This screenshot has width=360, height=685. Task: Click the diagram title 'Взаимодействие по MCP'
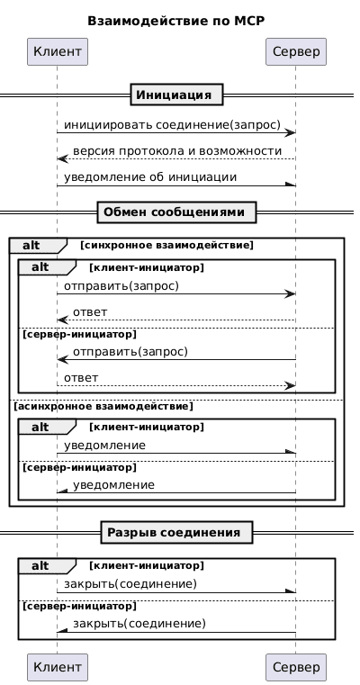tap(176, 21)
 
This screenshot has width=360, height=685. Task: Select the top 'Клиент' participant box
tap(58, 51)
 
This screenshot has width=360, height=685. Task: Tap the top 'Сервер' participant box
tap(296, 51)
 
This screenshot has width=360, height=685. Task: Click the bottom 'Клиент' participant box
tap(58, 667)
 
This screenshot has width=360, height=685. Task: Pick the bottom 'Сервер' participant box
tap(296, 667)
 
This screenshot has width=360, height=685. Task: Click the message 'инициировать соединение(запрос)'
tap(172, 125)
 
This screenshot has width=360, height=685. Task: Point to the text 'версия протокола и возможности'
tap(177, 151)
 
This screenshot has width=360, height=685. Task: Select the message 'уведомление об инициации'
tap(150, 177)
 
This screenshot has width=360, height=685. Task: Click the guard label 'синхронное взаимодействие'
tap(166, 245)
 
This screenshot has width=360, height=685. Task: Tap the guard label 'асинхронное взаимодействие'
tap(103, 406)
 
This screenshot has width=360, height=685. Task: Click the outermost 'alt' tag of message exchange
tap(31, 246)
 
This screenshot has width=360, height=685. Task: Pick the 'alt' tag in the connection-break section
tap(40, 566)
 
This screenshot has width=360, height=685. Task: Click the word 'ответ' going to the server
tap(81, 378)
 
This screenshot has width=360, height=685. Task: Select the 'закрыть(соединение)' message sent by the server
tap(139, 624)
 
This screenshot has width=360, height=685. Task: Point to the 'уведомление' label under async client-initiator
tap(105, 446)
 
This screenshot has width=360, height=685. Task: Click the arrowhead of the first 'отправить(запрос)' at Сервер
tap(291, 294)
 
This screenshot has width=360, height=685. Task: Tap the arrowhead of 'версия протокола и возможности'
tap(62, 159)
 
